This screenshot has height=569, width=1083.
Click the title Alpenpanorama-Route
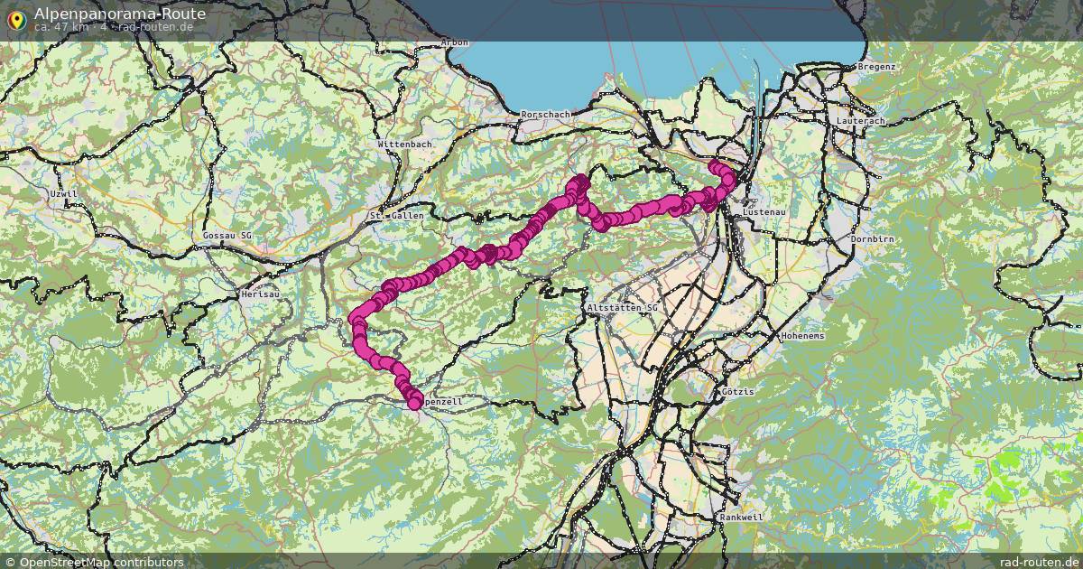(x=119, y=14)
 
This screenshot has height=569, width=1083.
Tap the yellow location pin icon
(x=16, y=19)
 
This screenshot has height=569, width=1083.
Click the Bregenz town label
(x=876, y=67)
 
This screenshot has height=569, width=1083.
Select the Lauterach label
(x=860, y=120)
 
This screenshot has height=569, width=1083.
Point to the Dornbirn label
(x=872, y=239)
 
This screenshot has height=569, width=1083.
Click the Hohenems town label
(x=802, y=335)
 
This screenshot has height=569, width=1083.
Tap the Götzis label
(x=737, y=392)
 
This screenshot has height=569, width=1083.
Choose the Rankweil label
(x=741, y=518)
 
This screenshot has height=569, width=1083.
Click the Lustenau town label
(x=760, y=211)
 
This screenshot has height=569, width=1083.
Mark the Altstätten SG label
(x=623, y=308)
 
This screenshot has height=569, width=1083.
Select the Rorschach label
(x=546, y=115)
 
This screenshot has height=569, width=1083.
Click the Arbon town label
(x=454, y=42)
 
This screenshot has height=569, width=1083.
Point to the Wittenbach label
(x=405, y=144)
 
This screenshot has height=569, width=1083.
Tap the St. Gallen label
(x=396, y=216)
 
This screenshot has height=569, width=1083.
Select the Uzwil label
(x=64, y=194)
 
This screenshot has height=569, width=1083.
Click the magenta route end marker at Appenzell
(x=414, y=402)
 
